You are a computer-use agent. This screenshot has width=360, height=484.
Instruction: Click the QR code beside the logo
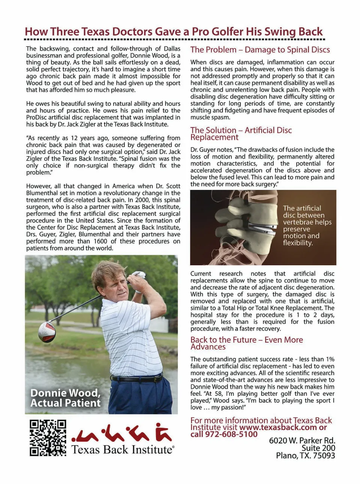point(48,437)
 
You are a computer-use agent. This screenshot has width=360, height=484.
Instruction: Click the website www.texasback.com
point(278,427)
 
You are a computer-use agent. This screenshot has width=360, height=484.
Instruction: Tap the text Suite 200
point(318,448)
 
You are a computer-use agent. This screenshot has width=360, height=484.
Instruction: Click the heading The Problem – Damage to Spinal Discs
point(260,50)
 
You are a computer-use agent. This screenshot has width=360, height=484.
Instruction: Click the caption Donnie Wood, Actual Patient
point(66,398)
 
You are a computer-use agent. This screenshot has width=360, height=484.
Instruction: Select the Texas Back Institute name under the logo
point(123,449)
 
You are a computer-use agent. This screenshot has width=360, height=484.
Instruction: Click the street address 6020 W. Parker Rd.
point(302,440)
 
